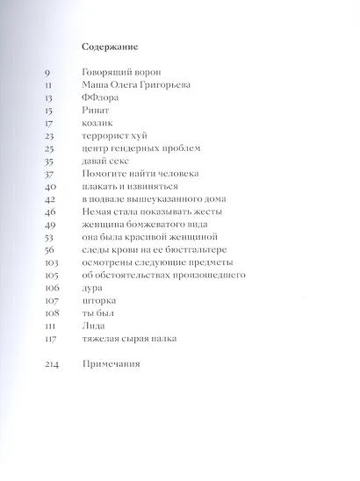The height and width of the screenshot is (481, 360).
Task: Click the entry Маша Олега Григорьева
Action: [x=136, y=86]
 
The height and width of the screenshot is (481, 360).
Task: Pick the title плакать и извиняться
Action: [x=129, y=187]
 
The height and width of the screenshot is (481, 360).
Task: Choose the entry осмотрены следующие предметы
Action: [x=151, y=262]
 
